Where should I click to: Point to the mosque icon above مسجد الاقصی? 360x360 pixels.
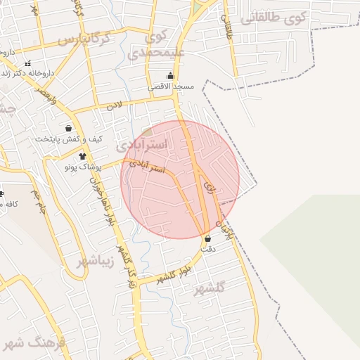click(x=170, y=75)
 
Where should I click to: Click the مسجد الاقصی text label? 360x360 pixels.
click(x=170, y=86)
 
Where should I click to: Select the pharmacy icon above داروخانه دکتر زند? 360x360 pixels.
click(x=27, y=63)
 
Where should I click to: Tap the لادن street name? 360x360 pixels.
click(x=114, y=106)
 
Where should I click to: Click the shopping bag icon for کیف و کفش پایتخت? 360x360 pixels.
click(x=68, y=128)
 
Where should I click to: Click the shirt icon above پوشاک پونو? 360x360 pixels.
click(x=82, y=156)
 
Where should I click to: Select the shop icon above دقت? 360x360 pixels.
click(x=207, y=238)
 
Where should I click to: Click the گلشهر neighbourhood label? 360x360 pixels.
click(x=211, y=288)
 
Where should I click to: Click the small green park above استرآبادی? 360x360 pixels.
click(x=147, y=131)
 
